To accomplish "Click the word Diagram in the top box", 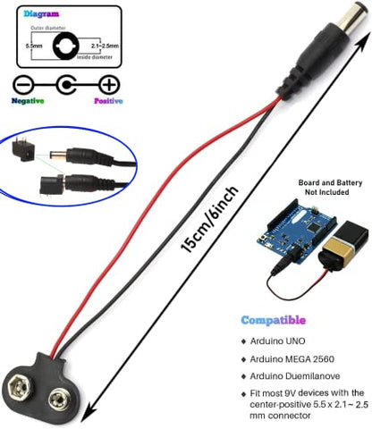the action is [41, 13].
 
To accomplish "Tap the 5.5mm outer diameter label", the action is [34, 46].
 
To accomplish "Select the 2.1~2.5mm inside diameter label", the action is [105, 46].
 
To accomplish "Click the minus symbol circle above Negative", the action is [21, 86].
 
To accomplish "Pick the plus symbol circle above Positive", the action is [109, 85].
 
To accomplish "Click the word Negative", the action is [28, 101].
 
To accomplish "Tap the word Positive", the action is [108, 101].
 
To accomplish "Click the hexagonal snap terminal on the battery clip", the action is [20, 387].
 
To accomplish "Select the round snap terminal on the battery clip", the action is [60, 399].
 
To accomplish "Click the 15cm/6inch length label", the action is [210, 220].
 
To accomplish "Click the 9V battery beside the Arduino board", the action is [342, 245].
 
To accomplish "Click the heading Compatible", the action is [274, 320].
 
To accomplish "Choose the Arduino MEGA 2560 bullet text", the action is [292, 359].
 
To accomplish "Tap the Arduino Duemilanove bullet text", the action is [295, 376].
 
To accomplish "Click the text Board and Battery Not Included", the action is [330, 188].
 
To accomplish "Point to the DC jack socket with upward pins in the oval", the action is [24, 149].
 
